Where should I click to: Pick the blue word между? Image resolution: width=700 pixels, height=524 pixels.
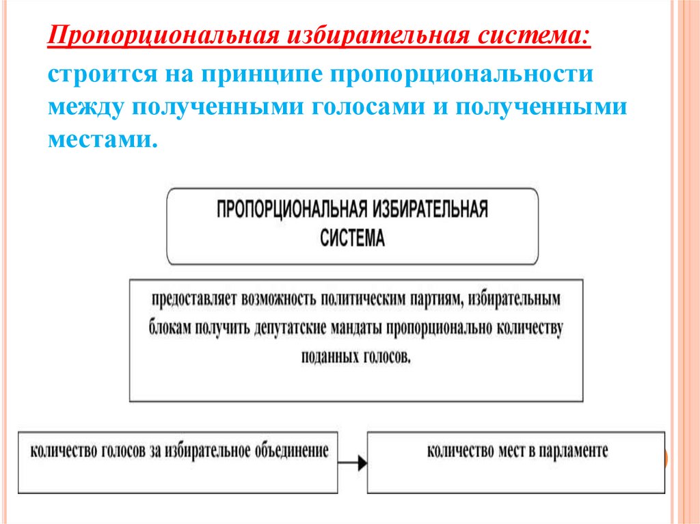pos(83,107)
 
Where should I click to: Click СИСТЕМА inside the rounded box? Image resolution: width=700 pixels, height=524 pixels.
pos(353,238)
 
